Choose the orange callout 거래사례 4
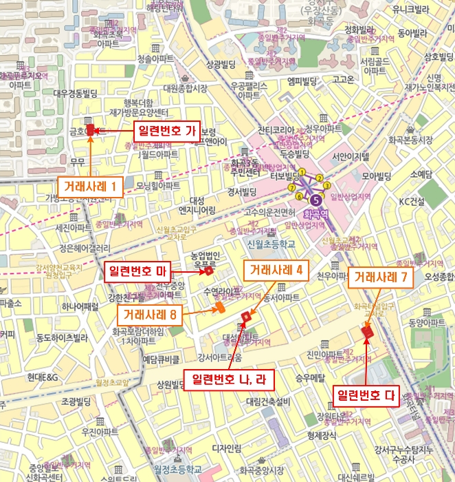tap(275, 270)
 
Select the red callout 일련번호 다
tap(366, 395)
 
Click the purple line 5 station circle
tap(315, 200)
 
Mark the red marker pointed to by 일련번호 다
tap(366, 334)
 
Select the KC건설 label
tap(412, 202)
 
